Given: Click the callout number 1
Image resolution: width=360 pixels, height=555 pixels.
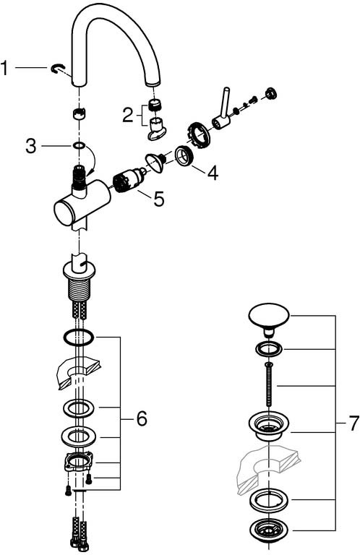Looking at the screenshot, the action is point(4,68).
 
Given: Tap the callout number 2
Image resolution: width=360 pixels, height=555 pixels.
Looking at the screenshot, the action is point(128,115).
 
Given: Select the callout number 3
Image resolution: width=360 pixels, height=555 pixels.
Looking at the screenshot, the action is point(31,146).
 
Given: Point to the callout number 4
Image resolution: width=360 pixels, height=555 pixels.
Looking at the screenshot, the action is point(213,173).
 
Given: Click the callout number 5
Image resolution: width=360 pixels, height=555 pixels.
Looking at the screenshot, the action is point(159,199).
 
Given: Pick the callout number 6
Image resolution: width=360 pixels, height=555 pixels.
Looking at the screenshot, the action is point(142,418).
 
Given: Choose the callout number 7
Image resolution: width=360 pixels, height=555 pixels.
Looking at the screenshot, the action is point(354,423).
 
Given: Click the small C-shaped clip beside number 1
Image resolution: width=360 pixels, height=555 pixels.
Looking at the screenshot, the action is point(56,69).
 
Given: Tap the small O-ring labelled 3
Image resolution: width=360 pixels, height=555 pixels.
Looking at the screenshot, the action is point(80,145).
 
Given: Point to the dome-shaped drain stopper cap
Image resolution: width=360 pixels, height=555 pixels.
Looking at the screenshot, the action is point(269,318).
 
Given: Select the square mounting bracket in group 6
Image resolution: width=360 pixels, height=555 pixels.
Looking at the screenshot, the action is point(79,462).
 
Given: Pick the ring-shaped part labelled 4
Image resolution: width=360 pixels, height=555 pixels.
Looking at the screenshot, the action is point(184,156).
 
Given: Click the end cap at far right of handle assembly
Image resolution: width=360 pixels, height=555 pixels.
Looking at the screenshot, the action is point(272,92).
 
